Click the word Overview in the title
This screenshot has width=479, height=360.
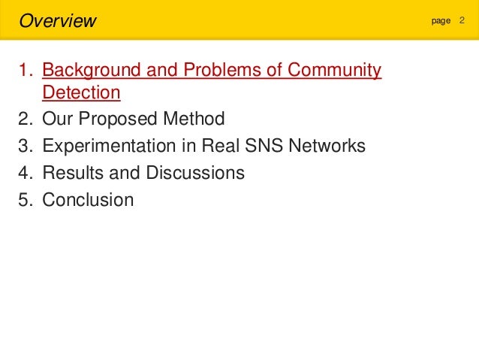57,20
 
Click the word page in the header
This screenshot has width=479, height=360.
441,21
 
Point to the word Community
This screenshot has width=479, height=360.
333,71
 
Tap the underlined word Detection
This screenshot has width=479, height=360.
81,92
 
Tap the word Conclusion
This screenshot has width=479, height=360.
88,200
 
